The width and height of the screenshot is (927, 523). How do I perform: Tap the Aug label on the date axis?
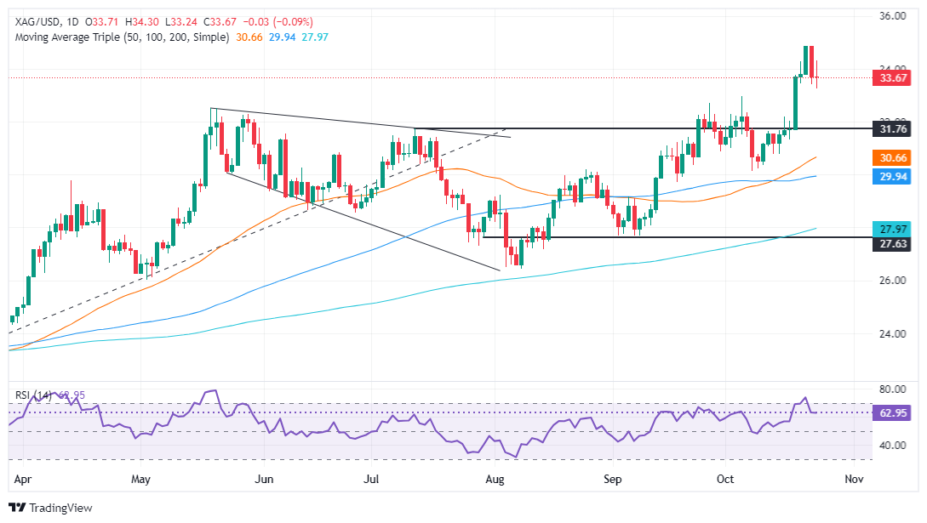[495, 480]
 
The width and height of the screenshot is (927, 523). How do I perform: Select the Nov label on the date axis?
[854, 480]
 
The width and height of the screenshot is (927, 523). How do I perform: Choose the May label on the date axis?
[140, 480]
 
